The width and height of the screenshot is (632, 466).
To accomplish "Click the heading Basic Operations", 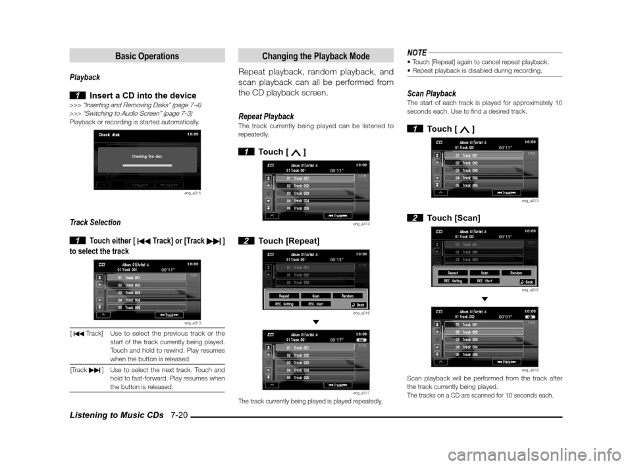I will [147, 57].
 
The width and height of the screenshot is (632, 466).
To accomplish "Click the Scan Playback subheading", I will [431, 93].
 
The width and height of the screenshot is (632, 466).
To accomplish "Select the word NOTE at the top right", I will [417, 52].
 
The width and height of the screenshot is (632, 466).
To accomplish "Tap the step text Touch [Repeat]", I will [289, 241].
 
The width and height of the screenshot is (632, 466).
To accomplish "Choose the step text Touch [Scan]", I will [454, 218].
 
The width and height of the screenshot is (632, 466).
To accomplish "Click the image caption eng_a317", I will [361, 393].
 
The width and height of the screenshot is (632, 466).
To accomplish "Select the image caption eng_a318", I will [529, 371].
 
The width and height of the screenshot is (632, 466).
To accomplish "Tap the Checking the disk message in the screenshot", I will [147, 156].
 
